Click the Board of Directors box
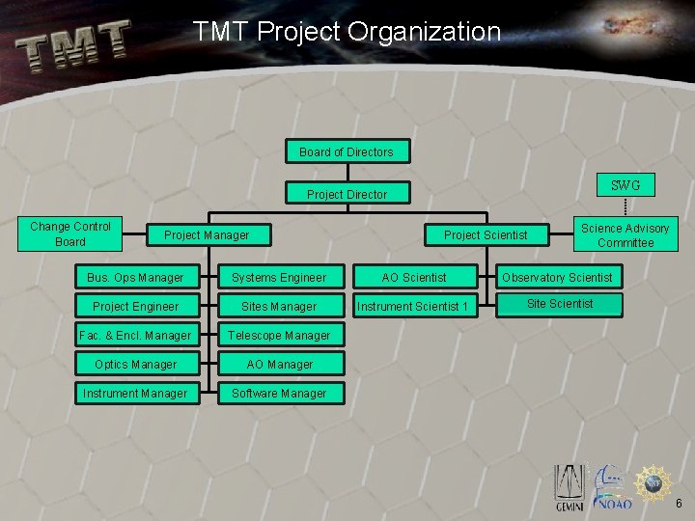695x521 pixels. coord(347,151)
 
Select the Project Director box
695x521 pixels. coord(347,194)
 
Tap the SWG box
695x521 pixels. coord(625,185)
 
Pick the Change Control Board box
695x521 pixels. coord(70,234)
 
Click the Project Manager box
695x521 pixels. coord(207,234)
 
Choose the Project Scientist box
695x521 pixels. coord(486,234)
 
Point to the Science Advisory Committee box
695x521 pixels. coord(625,235)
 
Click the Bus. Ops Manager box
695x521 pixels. coord(135,278)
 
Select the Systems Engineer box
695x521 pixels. coord(279,278)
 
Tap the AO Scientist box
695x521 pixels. coord(414,278)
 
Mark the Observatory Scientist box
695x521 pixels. coord(557,278)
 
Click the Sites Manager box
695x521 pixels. coord(279,307)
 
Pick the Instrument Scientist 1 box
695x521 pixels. coord(414,307)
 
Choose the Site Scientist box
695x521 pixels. coord(560,304)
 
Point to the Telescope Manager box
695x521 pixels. coord(279,336)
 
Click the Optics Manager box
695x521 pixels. coord(135,365)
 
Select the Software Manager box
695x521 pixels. coord(279,394)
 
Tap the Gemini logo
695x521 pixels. coord(568,488)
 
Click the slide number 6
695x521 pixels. coord(679,504)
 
